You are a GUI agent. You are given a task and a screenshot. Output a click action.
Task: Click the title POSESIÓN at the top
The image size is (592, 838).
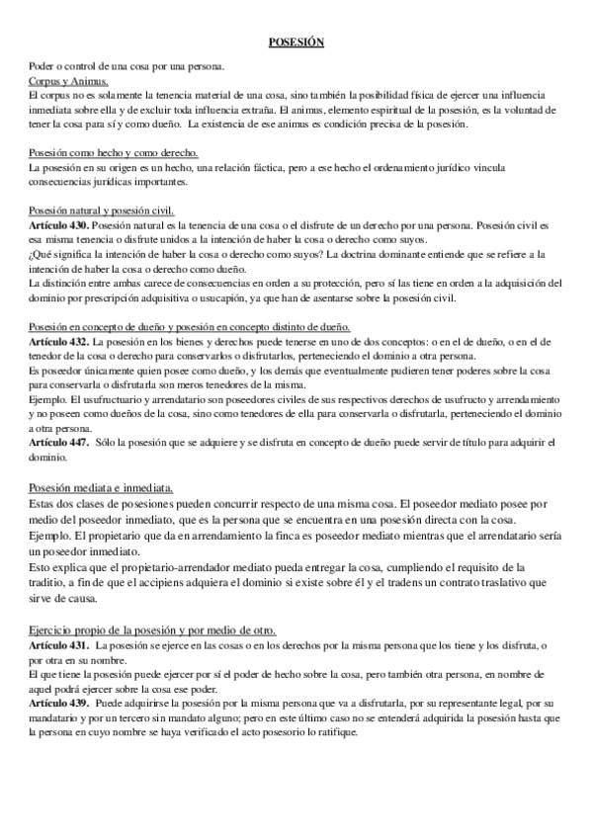click(x=296, y=42)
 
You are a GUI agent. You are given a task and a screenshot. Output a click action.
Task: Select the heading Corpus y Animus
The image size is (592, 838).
click(x=68, y=80)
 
